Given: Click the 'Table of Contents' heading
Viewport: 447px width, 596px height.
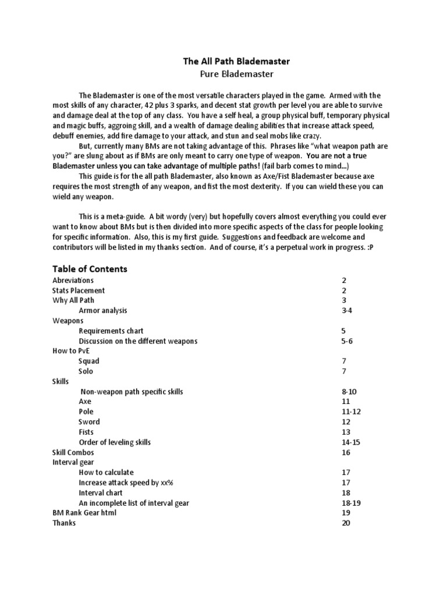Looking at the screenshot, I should click(90, 269).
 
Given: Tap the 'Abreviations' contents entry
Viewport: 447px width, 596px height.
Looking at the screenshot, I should click(73, 281).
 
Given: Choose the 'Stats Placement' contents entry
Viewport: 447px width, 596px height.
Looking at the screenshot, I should click(79, 290).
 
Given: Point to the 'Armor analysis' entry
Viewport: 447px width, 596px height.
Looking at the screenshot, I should click(102, 311).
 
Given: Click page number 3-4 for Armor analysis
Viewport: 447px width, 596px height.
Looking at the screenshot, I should click(346, 311).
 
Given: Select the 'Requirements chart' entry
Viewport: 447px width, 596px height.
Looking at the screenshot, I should click(111, 331).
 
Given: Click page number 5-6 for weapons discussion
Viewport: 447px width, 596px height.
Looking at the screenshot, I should click(346, 341).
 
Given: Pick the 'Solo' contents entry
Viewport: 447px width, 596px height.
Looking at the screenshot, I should click(86, 371).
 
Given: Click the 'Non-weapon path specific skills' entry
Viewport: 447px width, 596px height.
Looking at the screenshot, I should click(132, 392).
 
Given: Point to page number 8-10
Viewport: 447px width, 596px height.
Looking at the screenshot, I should click(348, 392).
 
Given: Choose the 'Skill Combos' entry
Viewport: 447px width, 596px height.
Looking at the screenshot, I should click(73, 453).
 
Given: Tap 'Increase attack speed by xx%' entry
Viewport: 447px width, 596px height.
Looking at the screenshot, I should click(125, 483).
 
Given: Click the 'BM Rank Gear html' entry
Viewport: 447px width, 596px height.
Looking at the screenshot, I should click(84, 513).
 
